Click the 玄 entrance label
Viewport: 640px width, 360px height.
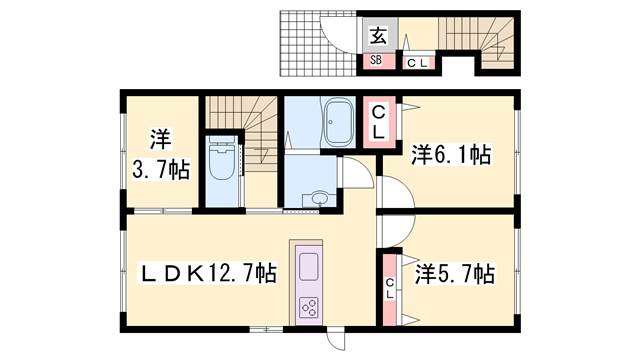(x=378, y=36)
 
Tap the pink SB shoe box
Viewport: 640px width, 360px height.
(x=377, y=60)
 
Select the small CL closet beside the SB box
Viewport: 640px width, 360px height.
(x=417, y=62)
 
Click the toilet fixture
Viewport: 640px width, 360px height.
(x=221, y=160)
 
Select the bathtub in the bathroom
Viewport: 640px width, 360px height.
(x=336, y=121)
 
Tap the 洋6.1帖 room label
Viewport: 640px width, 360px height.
(x=451, y=155)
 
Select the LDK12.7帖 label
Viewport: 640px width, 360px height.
(x=210, y=270)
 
